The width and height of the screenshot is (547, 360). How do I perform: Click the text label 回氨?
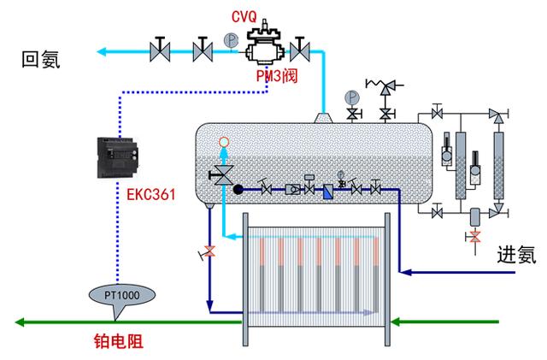pyautogui.click(x=43, y=60)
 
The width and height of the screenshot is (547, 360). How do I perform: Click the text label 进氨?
pyautogui.click(x=517, y=254)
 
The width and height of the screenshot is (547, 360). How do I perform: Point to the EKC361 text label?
pyautogui.click(x=146, y=194)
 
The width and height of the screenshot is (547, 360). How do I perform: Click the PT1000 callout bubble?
pyautogui.click(x=122, y=295)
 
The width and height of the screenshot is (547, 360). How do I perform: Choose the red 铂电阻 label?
pyautogui.click(x=118, y=341)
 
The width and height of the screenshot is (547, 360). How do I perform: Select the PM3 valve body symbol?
pyautogui.click(x=266, y=47)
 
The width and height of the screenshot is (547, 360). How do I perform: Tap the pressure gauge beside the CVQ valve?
pyautogui.click(x=229, y=39)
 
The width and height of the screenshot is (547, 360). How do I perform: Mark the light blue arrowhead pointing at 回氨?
pyautogui.click(x=101, y=51)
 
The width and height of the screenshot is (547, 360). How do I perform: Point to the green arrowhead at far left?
pyautogui.click(x=20, y=322)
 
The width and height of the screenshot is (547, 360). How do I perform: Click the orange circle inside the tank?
pyautogui.click(x=224, y=142)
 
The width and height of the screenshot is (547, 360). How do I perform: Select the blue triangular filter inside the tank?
pyautogui.click(x=326, y=189)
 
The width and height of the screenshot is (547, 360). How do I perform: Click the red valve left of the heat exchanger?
pyautogui.click(x=208, y=253)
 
